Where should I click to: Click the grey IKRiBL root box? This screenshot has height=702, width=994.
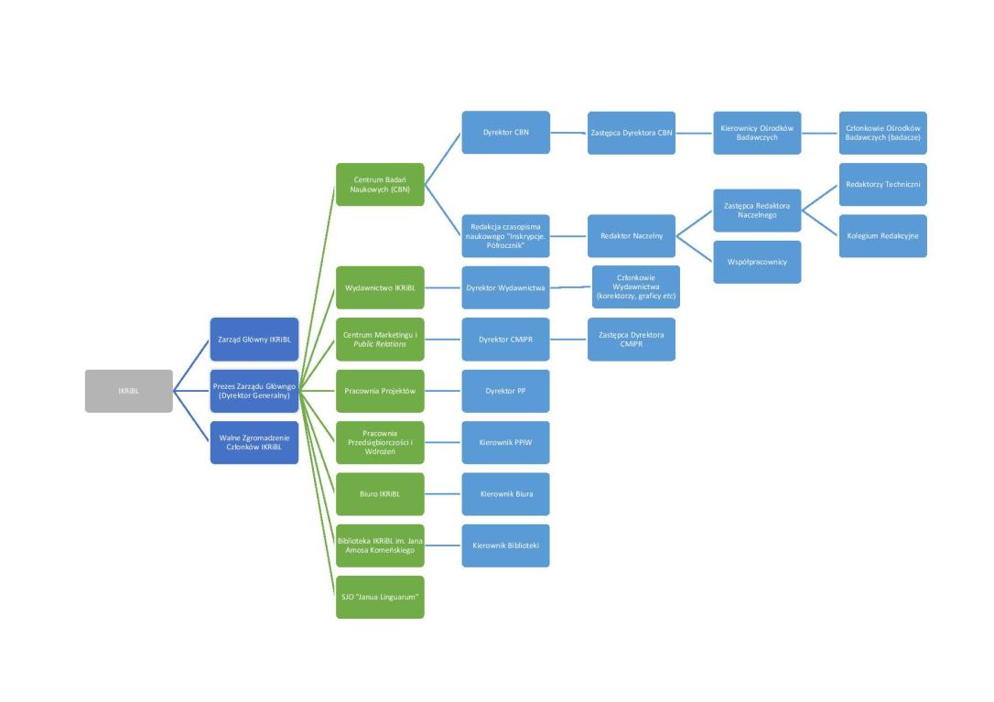[128, 391]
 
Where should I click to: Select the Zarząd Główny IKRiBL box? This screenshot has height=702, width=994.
[254, 340]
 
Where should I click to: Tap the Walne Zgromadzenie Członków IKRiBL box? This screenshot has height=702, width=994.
[254, 442]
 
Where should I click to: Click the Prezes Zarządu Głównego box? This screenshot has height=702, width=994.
[254, 391]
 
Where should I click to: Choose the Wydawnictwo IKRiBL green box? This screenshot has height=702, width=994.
[380, 287]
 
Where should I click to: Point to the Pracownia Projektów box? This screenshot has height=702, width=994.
[380, 391]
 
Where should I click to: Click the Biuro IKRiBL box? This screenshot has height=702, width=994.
[380, 494]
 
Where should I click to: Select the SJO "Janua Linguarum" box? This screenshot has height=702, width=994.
[380, 597]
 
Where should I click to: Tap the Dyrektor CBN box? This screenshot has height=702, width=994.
[505, 133]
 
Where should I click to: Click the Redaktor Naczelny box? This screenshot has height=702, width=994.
[632, 236]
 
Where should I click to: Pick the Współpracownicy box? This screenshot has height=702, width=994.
[757, 262]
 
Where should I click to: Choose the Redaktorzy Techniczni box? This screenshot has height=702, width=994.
[882, 185]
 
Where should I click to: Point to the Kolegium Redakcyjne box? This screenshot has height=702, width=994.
[882, 236]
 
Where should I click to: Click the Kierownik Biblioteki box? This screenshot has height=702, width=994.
[505, 545]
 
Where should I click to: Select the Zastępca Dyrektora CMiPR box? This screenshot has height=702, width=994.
[632, 340]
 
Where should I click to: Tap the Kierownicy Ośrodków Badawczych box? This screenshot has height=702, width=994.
[757, 133]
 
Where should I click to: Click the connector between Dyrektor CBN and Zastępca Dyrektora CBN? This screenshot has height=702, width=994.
[568, 133]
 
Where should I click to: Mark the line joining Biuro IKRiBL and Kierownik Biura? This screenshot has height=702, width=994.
[443, 494]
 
